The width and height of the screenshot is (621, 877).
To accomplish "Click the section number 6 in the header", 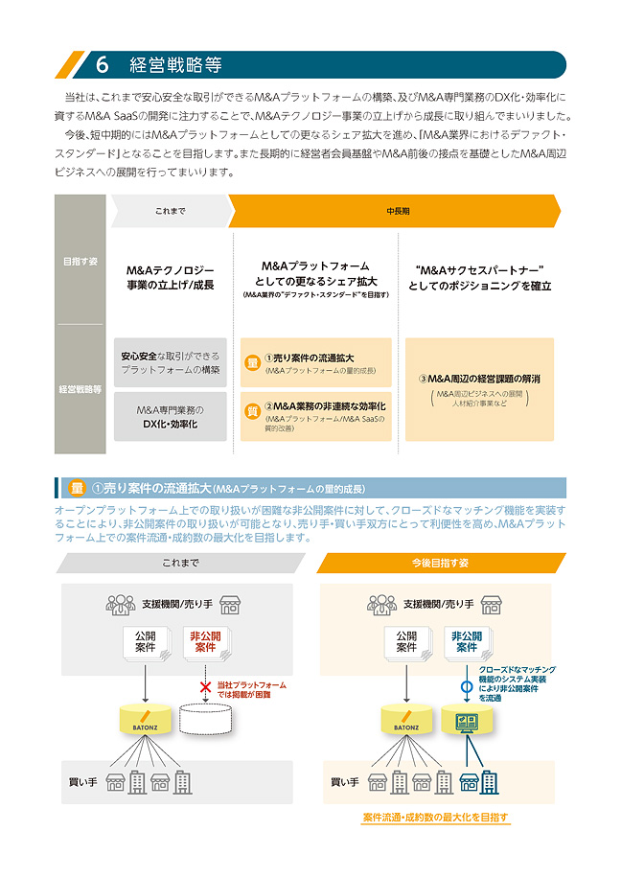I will (103, 65).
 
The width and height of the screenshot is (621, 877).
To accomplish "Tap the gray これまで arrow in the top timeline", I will (170, 211).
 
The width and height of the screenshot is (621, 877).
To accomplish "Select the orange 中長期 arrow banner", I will (393, 211).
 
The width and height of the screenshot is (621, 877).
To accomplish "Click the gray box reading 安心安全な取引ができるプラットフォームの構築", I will (171, 362).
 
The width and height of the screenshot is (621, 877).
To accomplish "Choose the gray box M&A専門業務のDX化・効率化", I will (171, 417).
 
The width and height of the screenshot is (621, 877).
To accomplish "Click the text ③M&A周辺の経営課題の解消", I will (479, 379).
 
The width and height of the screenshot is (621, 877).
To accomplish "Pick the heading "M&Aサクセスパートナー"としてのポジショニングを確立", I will (479, 277).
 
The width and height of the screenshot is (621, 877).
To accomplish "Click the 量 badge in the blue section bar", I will (78, 488).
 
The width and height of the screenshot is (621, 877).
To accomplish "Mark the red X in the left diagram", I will (204, 686).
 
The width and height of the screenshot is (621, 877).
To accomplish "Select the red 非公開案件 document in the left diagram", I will (205, 642).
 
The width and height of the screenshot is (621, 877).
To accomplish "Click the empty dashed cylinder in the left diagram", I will (205, 720).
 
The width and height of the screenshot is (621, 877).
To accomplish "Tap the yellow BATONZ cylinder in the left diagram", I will (144, 720).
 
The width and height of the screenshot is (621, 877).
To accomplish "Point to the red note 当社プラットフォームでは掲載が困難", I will (251, 690).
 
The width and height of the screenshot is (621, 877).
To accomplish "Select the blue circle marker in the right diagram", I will (467, 686).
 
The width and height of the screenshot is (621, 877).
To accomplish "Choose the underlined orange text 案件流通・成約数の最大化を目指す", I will (436, 818).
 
